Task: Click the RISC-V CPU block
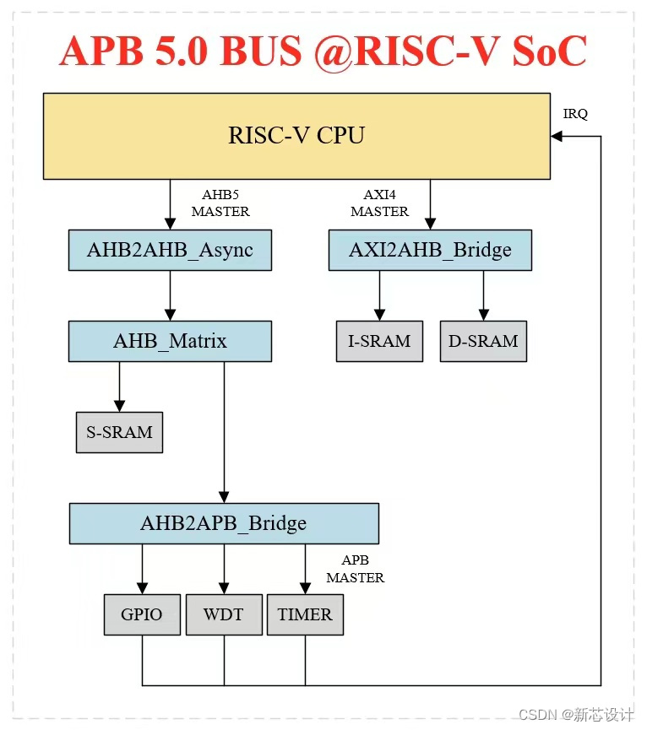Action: coord(296,136)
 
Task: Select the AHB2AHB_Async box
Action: coord(170,250)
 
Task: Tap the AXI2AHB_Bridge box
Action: coord(430,250)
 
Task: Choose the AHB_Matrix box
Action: coord(170,341)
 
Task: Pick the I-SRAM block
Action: coord(378,341)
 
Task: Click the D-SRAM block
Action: coord(483,341)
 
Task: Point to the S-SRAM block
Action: coord(119,432)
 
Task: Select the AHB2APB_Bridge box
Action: coord(223,523)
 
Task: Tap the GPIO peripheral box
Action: coord(141,614)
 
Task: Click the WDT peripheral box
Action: coord(223,614)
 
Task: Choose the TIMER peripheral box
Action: coord(305,614)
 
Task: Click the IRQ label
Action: coord(575,114)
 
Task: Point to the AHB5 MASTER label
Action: coord(220,203)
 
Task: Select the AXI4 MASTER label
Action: coord(379,203)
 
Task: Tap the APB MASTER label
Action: coord(355,569)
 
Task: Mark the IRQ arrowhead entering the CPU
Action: coord(556,136)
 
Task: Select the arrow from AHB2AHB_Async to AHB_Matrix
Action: coord(170,295)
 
